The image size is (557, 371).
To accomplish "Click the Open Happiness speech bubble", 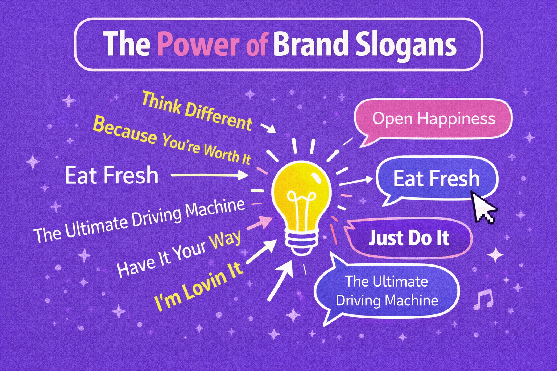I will tap(433, 119).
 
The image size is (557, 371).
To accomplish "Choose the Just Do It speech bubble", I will tap(409, 238).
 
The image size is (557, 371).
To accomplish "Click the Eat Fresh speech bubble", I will tap(436, 178).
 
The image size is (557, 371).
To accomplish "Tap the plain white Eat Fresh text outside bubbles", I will tap(111, 175).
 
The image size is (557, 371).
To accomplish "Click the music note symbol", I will tap(483, 300).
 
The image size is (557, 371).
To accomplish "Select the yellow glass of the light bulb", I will tap(301, 192).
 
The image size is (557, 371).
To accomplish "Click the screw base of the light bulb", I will tap(301, 241).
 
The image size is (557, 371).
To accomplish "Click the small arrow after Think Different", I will tap(268, 128).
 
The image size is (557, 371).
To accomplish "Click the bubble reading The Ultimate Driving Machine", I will tap(387, 291).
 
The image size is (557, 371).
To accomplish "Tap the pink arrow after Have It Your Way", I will tap(259, 222).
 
